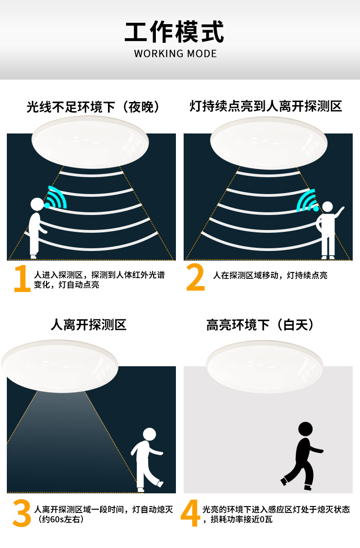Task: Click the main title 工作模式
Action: pyautogui.click(x=174, y=32)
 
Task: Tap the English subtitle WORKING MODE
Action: pyautogui.click(x=175, y=54)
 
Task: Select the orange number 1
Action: pyautogui.click(x=22, y=278)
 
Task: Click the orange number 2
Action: pyautogui.click(x=195, y=277)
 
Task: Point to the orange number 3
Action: pyautogui.click(x=22, y=513)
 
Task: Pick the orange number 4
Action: pyautogui.click(x=190, y=513)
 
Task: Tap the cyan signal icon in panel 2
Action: pyautogui.click(x=306, y=200)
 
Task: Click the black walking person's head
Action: pyautogui.click(x=305, y=428)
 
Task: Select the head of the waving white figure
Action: pyautogui.click(x=328, y=207)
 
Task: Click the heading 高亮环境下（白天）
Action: pyautogui.click(x=260, y=325)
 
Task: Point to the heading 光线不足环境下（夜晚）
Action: pyautogui.click(x=93, y=107)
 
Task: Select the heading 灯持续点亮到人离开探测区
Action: pyautogui.click(x=266, y=106)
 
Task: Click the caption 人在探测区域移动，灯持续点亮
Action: pyautogui.click(x=270, y=275)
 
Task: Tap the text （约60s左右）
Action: pyautogui.click(x=61, y=517)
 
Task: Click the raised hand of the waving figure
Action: pyautogui.click(x=342, y=209)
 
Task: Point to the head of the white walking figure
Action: pyautogui.click(x=149, y=434)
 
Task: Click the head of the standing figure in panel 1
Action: pyautogui.click(x=37, y=204)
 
